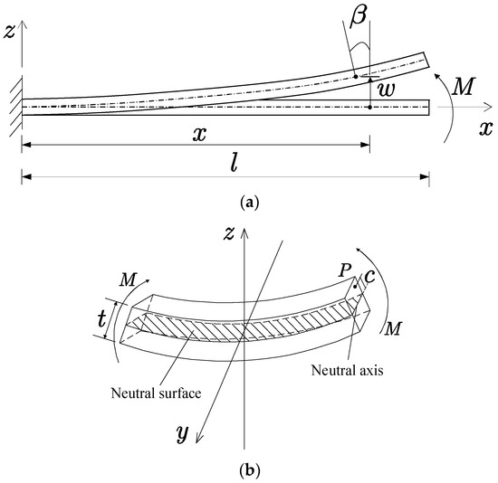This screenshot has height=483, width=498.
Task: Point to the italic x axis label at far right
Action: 485,128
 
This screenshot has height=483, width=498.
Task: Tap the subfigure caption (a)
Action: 248,203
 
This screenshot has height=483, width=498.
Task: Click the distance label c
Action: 369,275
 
